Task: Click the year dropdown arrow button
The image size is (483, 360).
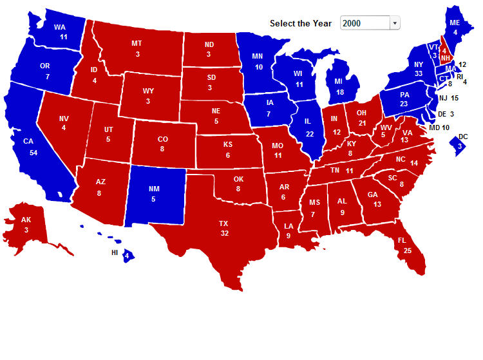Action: pos(395,23)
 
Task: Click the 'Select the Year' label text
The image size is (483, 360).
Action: pos(301,23)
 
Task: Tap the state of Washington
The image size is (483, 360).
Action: pos(60,32)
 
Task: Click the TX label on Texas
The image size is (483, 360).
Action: pos(223,223)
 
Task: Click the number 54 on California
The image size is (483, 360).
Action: pos(33,152)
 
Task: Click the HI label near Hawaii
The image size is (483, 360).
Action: pos(115,252)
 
